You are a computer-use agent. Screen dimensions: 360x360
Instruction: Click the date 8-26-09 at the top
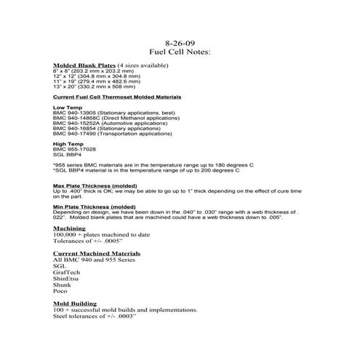tap(180, 43)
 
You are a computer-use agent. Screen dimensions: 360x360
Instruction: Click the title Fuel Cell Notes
tap(180, 52)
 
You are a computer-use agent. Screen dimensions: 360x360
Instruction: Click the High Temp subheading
tap(68, 144)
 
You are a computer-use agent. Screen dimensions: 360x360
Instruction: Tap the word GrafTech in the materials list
tap(68, 272)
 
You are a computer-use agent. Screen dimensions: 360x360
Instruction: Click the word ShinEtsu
tap(67, 278)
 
